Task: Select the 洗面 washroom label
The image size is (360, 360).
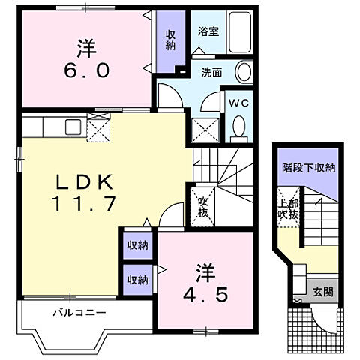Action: (x=211, y=73)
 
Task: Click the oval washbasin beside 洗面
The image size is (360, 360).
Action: (x=244, y=73)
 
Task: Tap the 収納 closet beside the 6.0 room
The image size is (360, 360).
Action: (x=170, y=40)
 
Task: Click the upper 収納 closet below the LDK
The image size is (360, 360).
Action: (x=137, y=245)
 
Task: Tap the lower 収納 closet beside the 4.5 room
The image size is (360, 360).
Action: (x=137, y=279)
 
